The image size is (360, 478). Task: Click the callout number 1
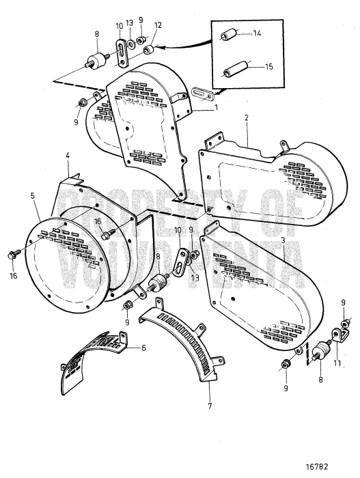click(x=216, y=108)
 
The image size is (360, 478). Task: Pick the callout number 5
click(x=32, y=195)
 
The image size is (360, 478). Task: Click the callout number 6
click(x=143, y=347)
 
